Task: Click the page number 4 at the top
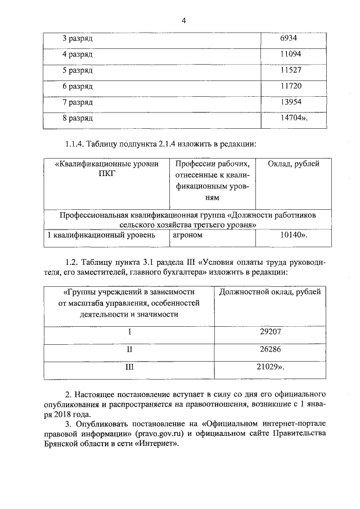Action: (x=183, y=21)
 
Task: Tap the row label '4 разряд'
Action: (x=77, y=54)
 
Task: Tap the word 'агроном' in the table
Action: (x=188, y=236)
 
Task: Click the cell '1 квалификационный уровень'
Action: (x=101, y=236)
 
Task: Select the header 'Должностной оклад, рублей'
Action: (x=270, y=292)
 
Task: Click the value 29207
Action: (x=271, y=332)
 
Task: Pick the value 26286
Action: (x=271, y=349)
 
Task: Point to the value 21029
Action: (x=272, y=367)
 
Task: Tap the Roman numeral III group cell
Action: (x=129, y=367)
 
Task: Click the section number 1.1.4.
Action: (x=75, y=143)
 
